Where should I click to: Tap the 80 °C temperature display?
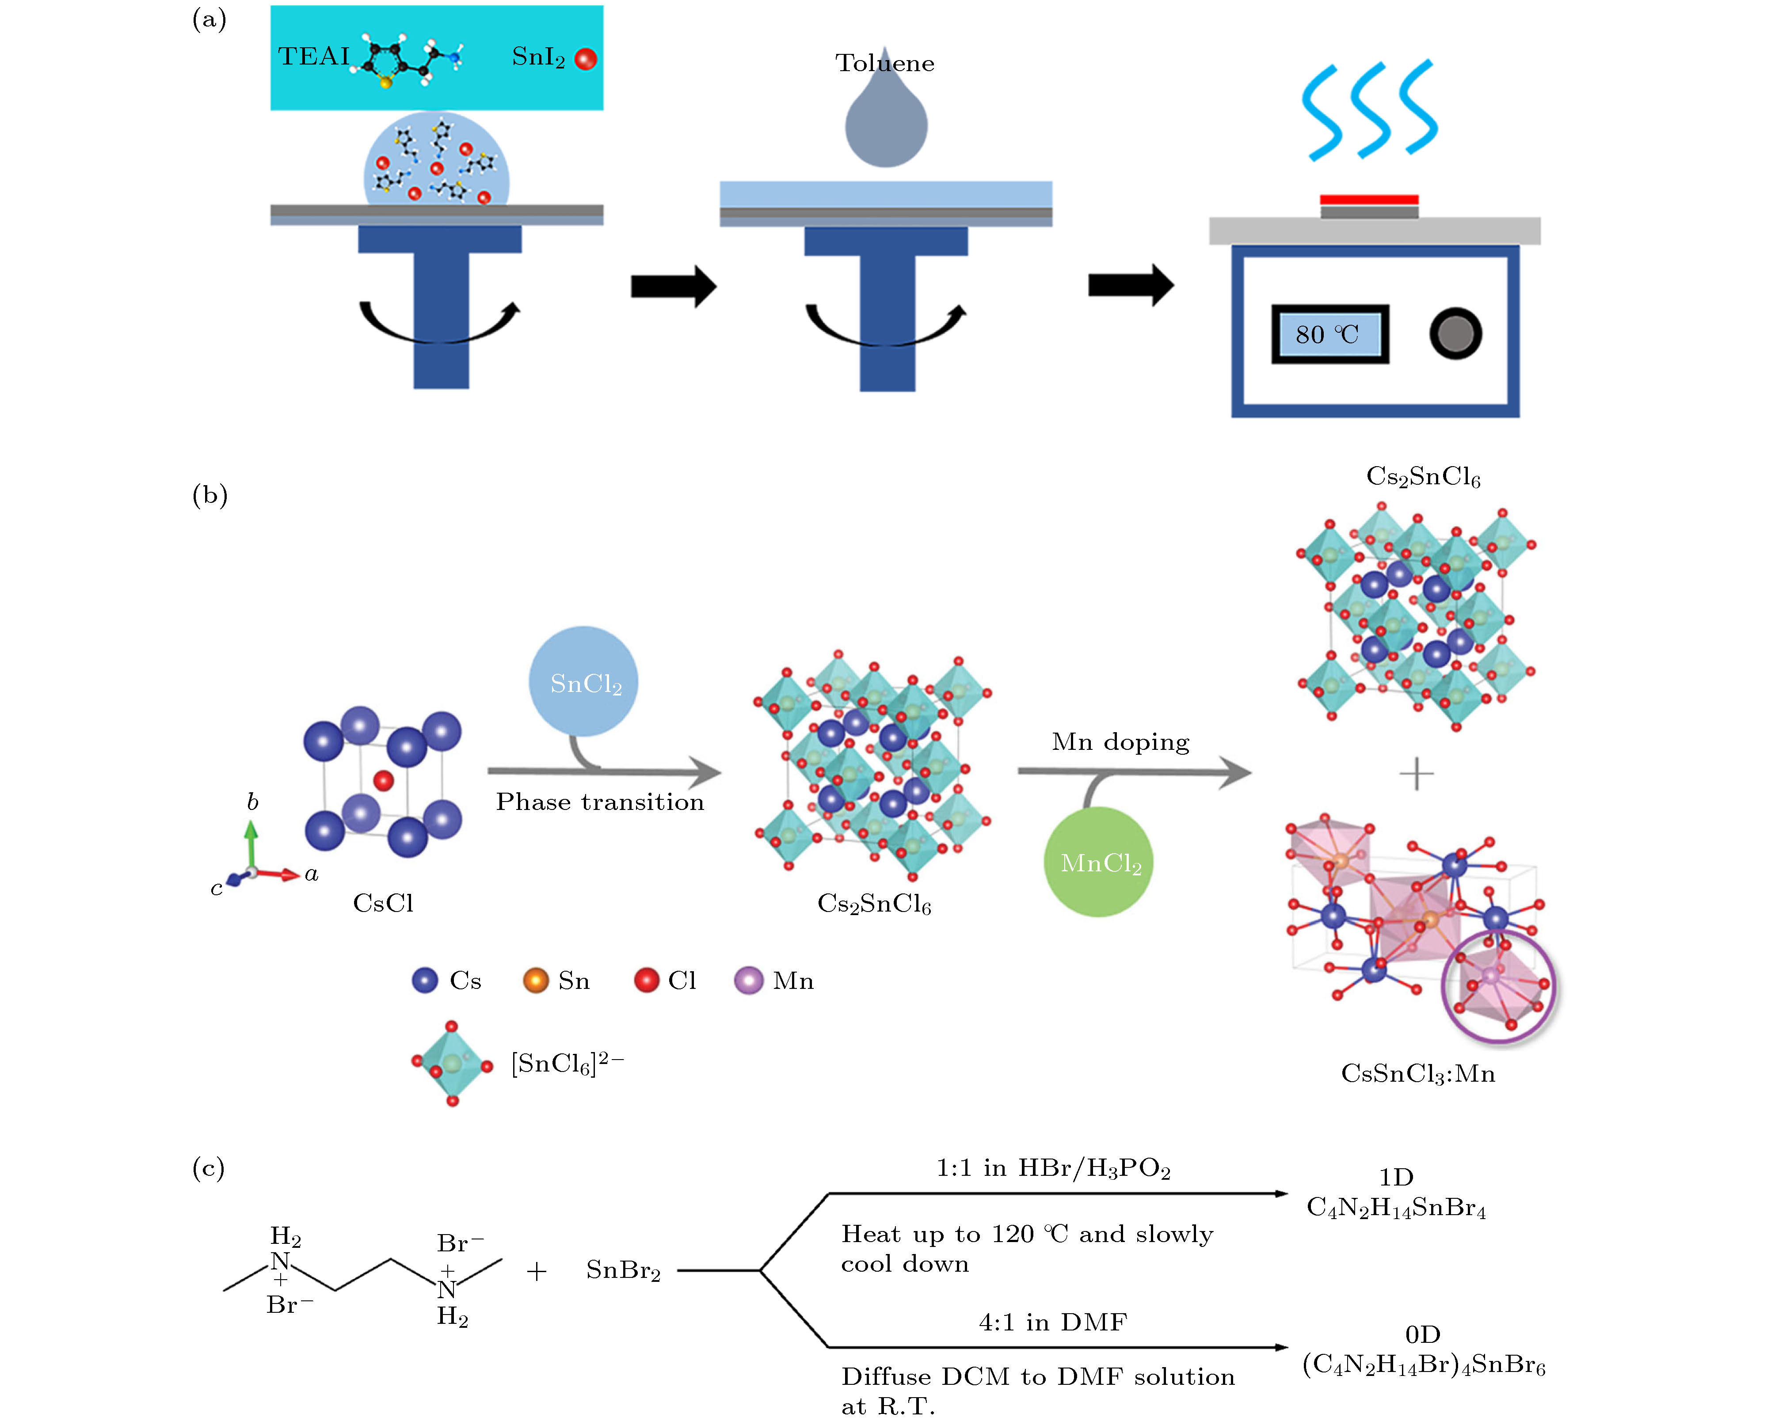tap(1329, 334)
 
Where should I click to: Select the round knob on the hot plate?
tap(1455, 334)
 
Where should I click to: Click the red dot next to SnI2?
tap(585, 59)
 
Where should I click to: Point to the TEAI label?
tap(314, 56)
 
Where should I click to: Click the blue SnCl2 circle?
tap(584, 682)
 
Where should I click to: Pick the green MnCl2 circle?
tap(1098, 862)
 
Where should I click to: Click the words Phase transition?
tap(599, 802)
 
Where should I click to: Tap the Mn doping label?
tap(1120, 742)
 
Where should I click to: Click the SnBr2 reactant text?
tap(623, 1270)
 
